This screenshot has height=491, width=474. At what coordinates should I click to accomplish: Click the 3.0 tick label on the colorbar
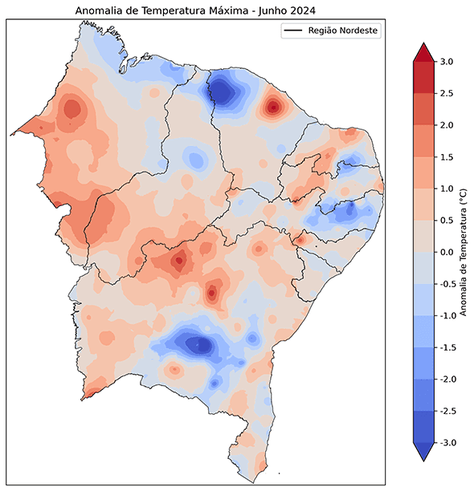[x=447, y=62]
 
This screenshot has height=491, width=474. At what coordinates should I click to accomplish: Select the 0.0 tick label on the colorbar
[x=447, y=252]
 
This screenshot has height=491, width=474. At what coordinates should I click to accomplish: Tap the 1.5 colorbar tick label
[x=447, y=157]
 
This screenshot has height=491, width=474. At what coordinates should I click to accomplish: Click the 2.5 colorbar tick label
[x=447, y=94]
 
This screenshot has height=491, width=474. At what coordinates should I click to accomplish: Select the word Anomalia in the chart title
[x=100, y=10]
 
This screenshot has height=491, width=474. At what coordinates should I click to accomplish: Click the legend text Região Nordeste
[x=342, y=31]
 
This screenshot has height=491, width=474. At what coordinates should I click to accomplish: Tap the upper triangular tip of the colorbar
[x=423, y=53]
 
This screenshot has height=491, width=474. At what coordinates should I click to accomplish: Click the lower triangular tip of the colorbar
[x=423, y=451]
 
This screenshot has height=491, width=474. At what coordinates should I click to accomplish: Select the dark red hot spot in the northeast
[x=274, y=106]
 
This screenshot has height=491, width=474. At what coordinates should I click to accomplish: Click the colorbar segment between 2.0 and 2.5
[x=423, y=109]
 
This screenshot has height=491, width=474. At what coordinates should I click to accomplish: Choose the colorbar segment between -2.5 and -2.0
[x=423, y=394]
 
